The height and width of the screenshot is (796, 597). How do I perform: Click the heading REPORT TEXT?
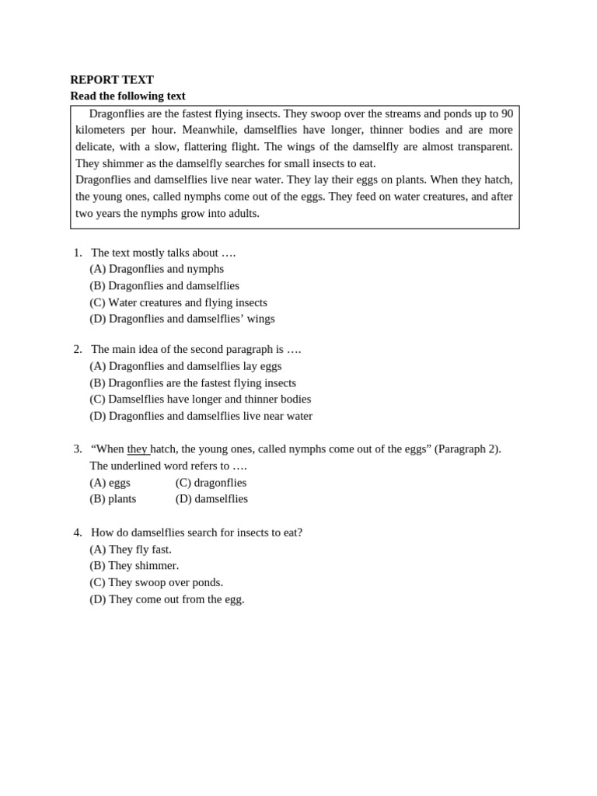[x=112, y=79]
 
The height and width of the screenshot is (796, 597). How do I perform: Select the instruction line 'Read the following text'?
[x=127, y=96]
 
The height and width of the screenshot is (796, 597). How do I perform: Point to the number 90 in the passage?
[x=506, y=113]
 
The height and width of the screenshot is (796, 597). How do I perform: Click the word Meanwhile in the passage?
[x=209, y=130]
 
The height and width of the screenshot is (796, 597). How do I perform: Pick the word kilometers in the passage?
[x=100, y=130]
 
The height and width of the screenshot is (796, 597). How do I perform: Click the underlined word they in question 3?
[x=138, y=449]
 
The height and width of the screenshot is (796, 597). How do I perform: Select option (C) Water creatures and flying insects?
[x=178, y=302]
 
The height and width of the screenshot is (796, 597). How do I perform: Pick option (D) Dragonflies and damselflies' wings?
[x=182, y=319]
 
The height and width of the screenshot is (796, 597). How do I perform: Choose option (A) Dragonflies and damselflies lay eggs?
[x=186, y=366]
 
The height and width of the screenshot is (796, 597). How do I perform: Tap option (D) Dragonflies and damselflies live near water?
[x=201, y=416]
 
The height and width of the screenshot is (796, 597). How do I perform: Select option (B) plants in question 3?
[x=113, y=498]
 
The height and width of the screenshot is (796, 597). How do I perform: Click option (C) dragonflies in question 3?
[x=211, y=482]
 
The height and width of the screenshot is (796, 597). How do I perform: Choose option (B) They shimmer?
[x=134, y=565]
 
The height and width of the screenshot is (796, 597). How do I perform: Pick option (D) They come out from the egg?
[x=167, y=599]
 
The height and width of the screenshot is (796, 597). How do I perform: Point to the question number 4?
[x=77, y=532]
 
